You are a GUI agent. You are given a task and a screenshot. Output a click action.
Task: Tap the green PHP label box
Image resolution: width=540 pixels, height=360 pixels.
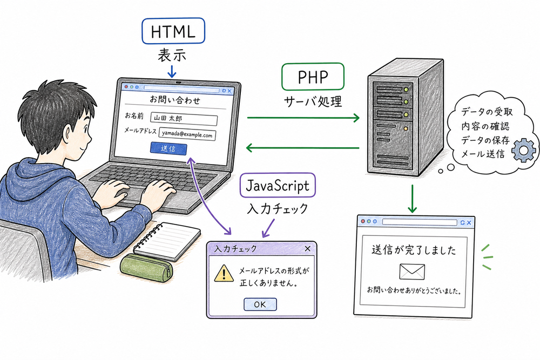click(x=313, y=77)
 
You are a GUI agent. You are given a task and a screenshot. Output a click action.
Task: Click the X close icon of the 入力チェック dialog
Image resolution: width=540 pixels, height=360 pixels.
click(x=308, y=248)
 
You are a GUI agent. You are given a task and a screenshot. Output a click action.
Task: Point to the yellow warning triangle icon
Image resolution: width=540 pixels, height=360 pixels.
click(x=222, y=274)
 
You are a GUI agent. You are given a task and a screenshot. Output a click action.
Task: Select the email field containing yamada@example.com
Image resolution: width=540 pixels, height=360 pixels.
click(x=187, y=134)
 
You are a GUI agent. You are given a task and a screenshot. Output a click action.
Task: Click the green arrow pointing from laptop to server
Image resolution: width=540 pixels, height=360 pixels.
click(x=303, y=117)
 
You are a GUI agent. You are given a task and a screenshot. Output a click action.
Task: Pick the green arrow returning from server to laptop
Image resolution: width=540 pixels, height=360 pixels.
click(x=303, y=147)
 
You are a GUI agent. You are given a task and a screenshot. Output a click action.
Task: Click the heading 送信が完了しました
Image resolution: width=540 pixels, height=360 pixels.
click(x=414, y=250)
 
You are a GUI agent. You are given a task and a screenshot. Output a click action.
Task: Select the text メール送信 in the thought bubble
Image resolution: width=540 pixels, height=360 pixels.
click(x=483, y=154)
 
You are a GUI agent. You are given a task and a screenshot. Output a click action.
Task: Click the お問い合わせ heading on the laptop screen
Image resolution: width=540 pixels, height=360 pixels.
click(x=175, y=100)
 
